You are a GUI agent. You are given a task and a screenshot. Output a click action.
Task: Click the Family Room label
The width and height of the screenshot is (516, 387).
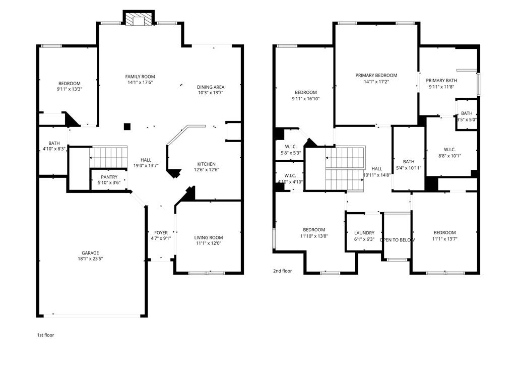click(140, 77)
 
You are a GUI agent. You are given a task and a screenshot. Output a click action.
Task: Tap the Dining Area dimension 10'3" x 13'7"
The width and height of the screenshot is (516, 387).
click(210, 93)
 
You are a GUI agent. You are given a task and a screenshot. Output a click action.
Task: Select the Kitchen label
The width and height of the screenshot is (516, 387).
click(206, 164)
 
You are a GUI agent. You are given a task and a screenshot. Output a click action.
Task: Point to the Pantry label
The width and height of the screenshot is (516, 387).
click(109, 177)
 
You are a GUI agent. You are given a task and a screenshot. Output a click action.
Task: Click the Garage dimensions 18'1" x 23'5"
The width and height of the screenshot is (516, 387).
click(91, 259)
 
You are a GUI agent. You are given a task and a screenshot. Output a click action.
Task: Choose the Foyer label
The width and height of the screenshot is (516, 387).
click(161, 233)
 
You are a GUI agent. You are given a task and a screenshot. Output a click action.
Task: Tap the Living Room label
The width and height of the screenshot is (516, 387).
click(209, 238)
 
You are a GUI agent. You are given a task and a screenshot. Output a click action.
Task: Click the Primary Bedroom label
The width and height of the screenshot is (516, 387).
click(376, 76)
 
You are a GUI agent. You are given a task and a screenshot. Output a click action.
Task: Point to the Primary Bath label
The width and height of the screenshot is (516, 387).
click(441, 81)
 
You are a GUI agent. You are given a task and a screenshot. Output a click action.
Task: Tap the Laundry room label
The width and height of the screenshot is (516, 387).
click(364, 233)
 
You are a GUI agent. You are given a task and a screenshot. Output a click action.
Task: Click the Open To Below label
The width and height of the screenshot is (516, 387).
click(397, 240)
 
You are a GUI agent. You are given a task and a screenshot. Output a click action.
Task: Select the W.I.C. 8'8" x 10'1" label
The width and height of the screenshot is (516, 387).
click(449, 149)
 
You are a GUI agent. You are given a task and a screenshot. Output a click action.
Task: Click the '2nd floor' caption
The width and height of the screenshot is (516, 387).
click(282, 271)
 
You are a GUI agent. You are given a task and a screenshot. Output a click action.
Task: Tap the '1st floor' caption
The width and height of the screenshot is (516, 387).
click(45, 335)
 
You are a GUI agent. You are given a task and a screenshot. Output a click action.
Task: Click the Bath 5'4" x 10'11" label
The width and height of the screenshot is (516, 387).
click(408, 162)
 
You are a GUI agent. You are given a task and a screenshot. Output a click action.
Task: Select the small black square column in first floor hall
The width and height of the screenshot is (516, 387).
click(127, 126)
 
